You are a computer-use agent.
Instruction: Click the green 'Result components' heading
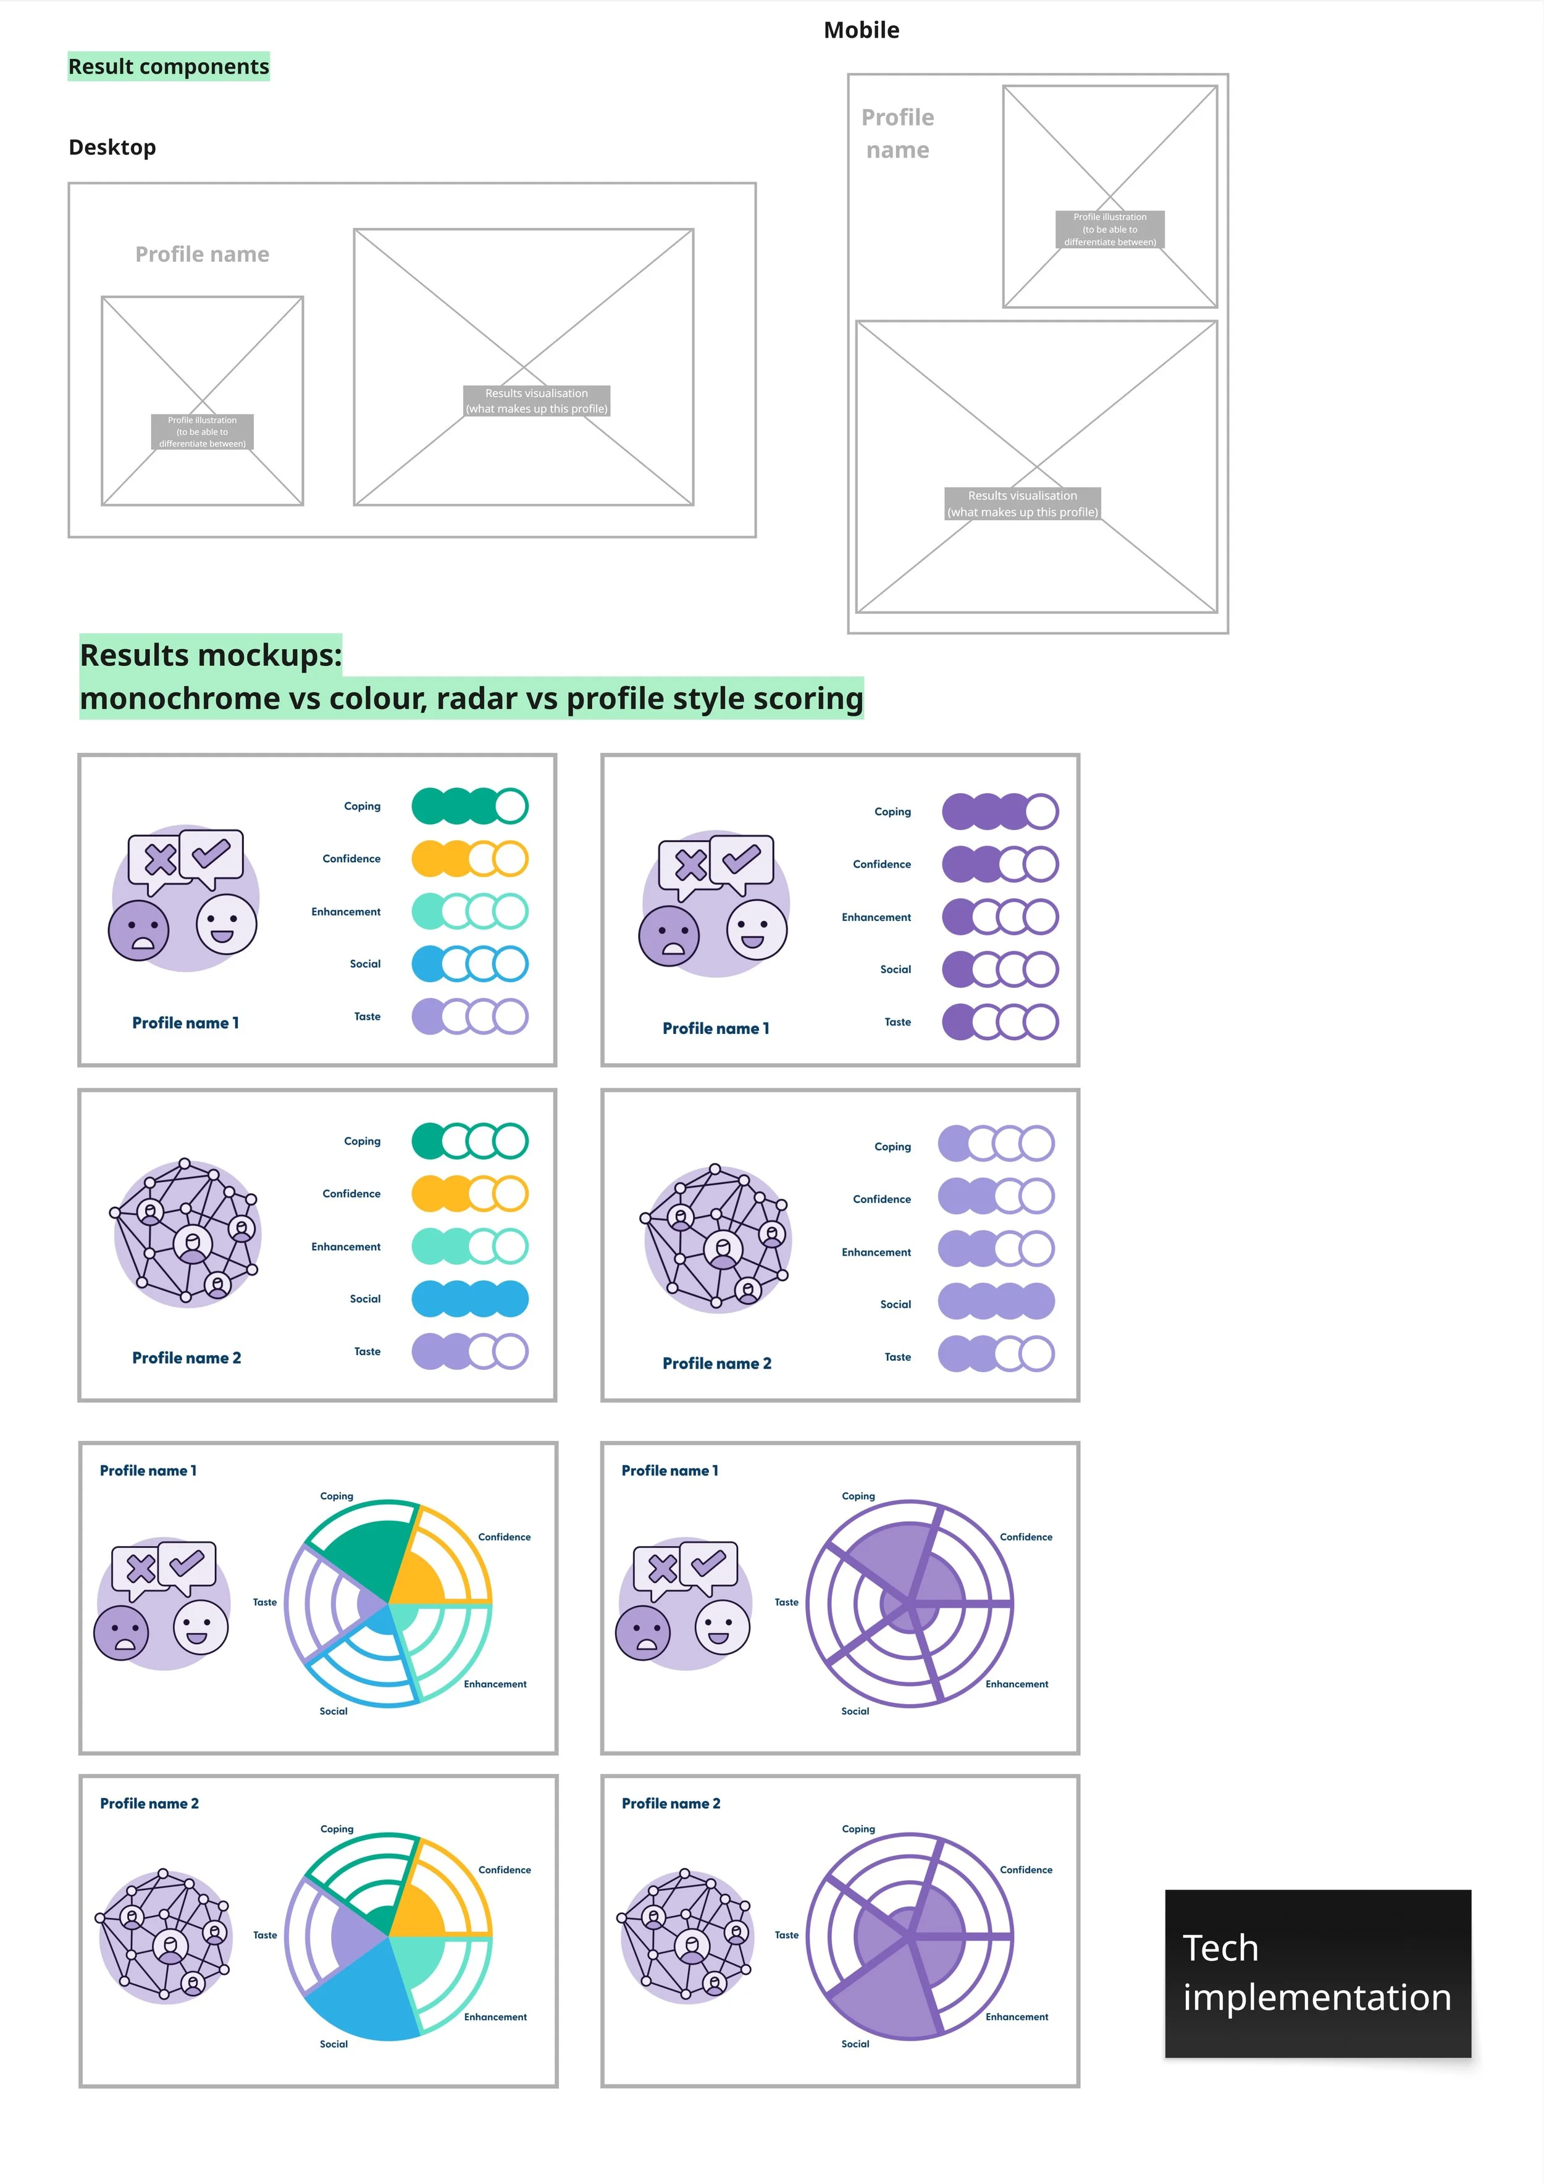click(169, 67)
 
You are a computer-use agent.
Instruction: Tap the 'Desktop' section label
click(112, 148)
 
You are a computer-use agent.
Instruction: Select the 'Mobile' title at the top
click(861, 30)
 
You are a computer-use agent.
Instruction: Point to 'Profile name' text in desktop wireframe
click(202, 254)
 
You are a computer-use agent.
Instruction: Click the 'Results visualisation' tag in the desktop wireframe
click(537, 400)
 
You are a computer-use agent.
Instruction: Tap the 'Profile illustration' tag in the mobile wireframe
click(1109, 229)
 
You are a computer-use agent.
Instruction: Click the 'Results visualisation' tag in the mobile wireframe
click(1023, 503)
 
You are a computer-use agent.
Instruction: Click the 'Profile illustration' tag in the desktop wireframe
click(202, 431)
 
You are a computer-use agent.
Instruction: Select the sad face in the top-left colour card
click(139, 930)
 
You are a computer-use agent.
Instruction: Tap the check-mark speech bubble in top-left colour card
click(212, 852)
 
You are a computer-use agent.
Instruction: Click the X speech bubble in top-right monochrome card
click(690, 865)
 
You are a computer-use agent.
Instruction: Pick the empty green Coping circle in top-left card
click(511, 805)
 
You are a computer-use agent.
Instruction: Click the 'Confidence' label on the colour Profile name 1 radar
click(504, 1537)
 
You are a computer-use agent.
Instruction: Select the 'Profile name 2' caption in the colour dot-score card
click(187, 1358)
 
